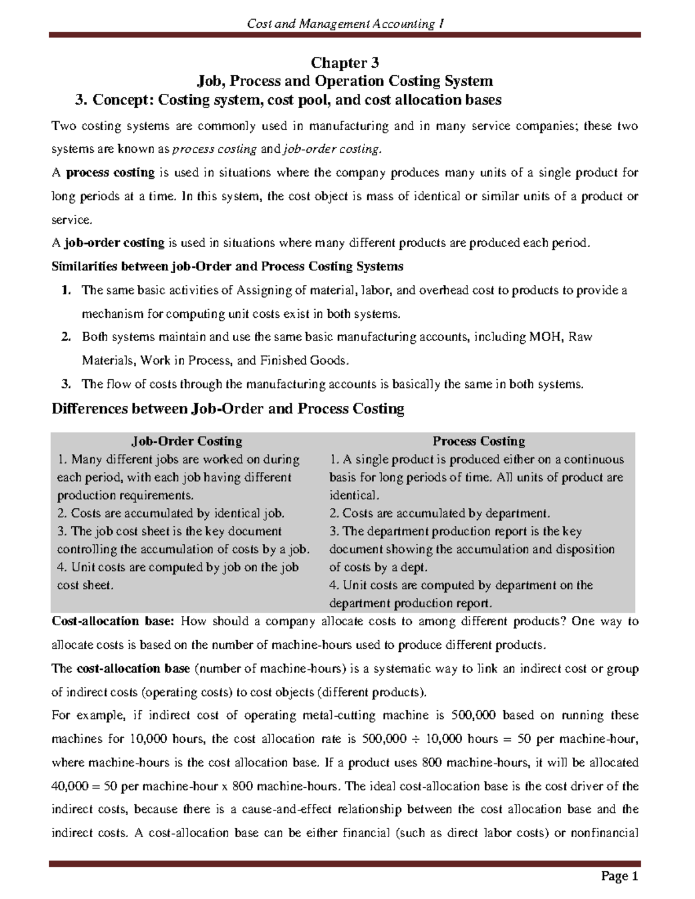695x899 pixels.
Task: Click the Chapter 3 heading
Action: point(345,63)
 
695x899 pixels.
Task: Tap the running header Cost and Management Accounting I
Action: point(345,24)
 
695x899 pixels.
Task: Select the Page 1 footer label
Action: point(619,876)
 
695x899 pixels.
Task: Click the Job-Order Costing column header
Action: point(186,441)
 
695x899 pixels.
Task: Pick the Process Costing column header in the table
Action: point(478,441)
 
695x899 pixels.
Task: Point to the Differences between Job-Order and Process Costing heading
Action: point(228,409)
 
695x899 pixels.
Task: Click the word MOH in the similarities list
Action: point(545,337)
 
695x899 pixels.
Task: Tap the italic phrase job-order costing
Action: point(331,149)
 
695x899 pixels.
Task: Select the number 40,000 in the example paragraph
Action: point(69,786)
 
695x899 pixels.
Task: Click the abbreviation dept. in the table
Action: point(410,567)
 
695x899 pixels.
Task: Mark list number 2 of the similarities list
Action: point(65,337)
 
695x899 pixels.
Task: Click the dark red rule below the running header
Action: point(345,35)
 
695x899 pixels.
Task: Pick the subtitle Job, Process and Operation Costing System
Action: point(345,81)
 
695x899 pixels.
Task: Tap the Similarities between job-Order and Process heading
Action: point(228,266)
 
